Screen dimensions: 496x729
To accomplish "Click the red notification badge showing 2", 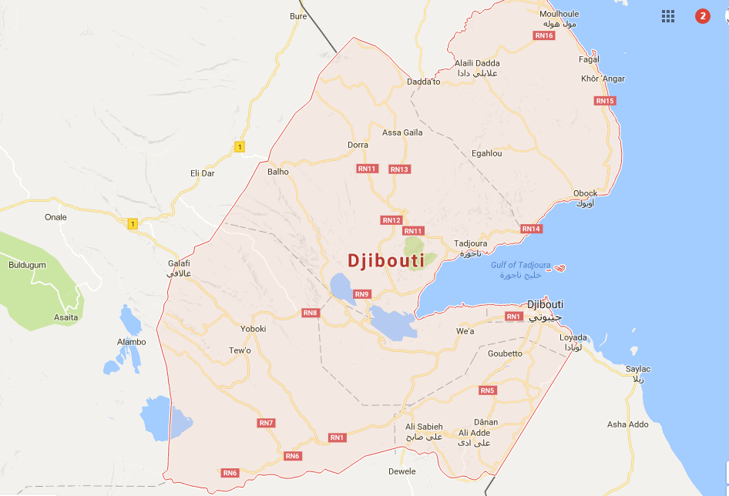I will [x=702, y=16].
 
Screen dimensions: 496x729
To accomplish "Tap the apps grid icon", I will [x=668, y=16].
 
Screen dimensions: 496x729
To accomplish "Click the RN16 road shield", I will [x=544, y=35].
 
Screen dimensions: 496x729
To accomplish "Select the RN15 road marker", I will [x=605, y=101].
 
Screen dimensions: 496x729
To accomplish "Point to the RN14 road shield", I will [x=531, y=229].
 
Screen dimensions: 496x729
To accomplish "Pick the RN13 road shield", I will [x=399, y=169].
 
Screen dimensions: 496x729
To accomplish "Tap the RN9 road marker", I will [x=362, y=294].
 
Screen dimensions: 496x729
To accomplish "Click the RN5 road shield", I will [x=487, y=390].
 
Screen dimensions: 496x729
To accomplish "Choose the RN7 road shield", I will [x=267, y=423].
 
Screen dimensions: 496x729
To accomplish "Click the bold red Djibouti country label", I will [x=386, y=261].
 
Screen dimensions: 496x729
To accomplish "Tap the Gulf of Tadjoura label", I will [x=521, y=266].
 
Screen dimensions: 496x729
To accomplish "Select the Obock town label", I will [x=585, y=193].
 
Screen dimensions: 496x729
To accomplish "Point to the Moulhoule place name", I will [x=559, y=14].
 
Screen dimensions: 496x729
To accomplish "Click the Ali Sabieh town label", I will [x=424, y=427].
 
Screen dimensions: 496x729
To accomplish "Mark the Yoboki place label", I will [x=254, y=329].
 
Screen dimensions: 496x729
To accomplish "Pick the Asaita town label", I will [x=65, y=317].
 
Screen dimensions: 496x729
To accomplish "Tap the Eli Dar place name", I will [x=202, y=173].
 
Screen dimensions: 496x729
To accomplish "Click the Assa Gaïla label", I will [x=402, y=132].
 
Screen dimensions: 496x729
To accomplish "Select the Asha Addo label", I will [x=627, y=424].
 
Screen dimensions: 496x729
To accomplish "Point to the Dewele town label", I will [x=401, y=471].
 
